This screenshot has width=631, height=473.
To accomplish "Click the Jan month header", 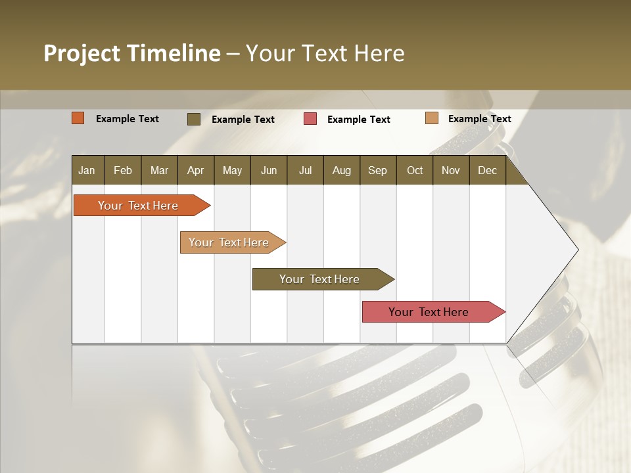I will pyautogui.click(x=87, y=170).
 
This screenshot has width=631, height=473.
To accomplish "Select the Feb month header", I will pyautogui.click(x=123, y=170).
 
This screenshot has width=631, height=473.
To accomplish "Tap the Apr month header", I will pyautogui.click(x=195, y=170).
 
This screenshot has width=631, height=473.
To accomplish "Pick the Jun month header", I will pyautogui.click(x=269, y=170).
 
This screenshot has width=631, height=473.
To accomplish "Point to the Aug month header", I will pyautogui.click(x=341, y=170).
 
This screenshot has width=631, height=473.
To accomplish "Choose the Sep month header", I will pyautogui.click(x=377, y=170).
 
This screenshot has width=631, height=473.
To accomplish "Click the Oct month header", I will pyautogui.click(x=415, y=170).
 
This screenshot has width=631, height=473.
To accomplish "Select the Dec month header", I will pyautogui.click(x=487, y=170).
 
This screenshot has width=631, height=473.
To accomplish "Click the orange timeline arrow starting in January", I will pyautogui.click(x=139, y=206).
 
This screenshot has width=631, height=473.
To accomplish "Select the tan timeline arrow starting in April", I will pyautogui.click(x=229, y=242).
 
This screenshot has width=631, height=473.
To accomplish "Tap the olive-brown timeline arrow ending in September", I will pyautogui.click(x=320, y=279).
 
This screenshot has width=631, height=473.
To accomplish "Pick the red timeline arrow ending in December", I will pyautogui.click(x=429, y=312).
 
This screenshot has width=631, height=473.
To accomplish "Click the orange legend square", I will pyautogui.click(x=78, y=118).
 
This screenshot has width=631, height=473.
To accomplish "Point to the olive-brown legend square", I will pyautogui.click(x=194, y=119).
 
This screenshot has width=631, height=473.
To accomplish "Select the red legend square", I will pyautogui.click(x=310, y=119).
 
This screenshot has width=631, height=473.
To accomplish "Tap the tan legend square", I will pyautogui.click(x=431, y=118).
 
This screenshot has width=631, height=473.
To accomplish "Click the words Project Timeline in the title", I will pyautogui.click(x=132, y=53).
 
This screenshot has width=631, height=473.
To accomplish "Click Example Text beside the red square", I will pyautogui.click(x=359, y=120).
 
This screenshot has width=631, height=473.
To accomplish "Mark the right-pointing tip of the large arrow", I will pyautogui.click(x=576, y=250).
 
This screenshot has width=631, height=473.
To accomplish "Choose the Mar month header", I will pyautogui.click(x=159, y=170).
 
